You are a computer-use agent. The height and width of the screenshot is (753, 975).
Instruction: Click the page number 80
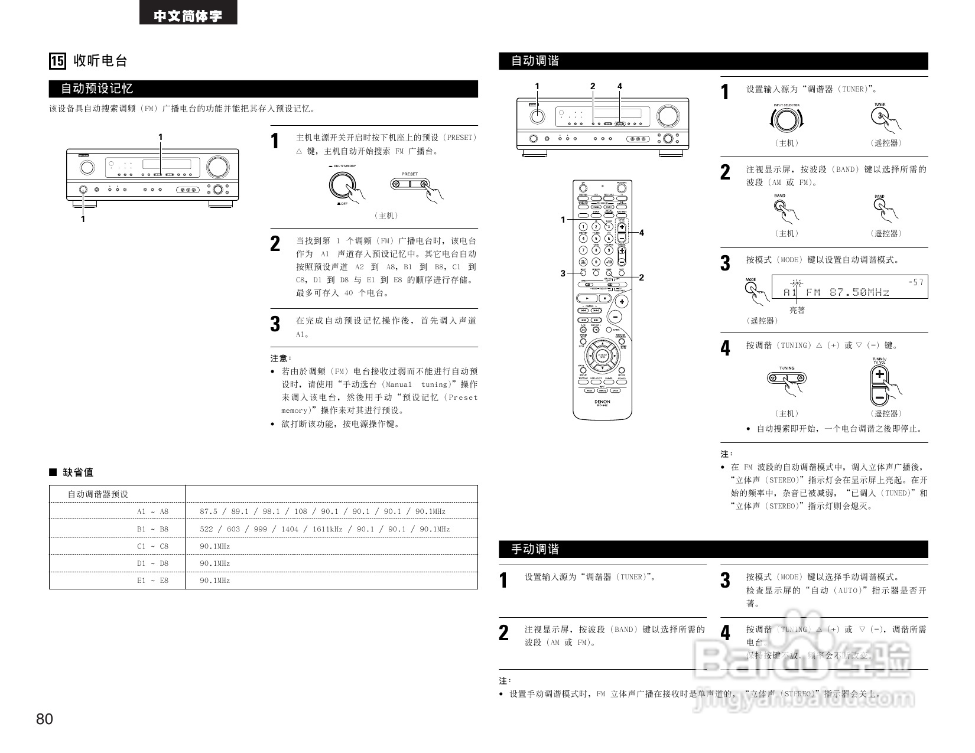pos(44,719)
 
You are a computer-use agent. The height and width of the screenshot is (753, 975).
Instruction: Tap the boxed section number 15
pos(57,61)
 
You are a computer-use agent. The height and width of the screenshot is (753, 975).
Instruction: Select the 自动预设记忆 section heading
pos(97,89)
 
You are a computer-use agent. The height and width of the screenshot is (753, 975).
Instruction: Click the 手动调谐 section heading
pos(535,549)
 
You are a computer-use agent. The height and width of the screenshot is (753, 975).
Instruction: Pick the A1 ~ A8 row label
pos(152,511)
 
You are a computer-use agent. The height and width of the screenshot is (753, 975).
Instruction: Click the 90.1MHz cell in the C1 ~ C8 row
pos(214,546)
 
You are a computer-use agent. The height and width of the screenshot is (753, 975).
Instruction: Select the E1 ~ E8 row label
pos(152,581)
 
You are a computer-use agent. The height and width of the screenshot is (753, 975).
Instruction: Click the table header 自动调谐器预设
pos(98,494)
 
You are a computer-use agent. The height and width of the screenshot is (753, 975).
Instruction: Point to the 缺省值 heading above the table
pos(77,472)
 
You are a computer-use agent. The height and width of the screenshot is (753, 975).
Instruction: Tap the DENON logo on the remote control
pos(602,402)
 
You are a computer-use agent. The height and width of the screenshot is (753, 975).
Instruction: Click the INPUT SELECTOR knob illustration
pos(786,120)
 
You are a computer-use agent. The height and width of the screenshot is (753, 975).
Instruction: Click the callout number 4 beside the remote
pos(641,233)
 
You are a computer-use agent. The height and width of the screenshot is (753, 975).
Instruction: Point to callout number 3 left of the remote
pos(563,273)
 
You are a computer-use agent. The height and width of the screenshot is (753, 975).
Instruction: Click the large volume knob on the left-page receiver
pos(217,167)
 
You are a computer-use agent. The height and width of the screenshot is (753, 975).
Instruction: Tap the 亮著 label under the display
pos(797,310)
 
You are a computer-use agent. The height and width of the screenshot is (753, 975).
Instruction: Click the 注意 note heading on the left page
pos(281,358)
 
